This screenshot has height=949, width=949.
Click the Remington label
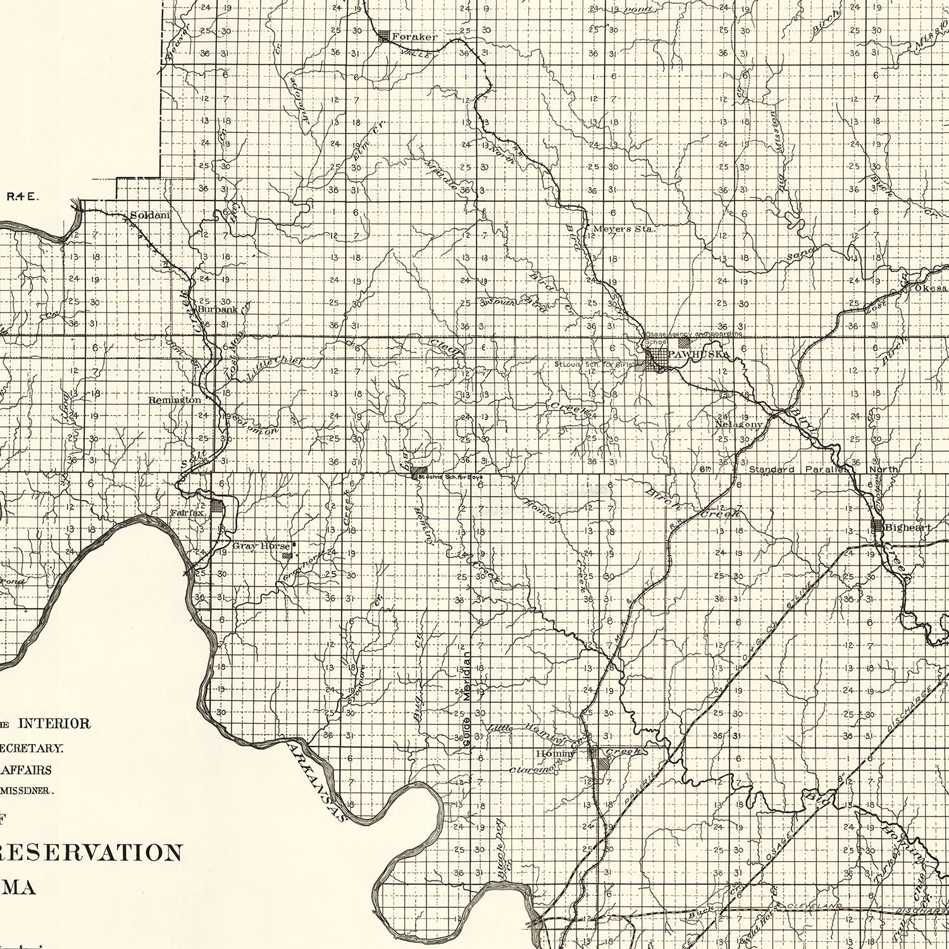[175, 400]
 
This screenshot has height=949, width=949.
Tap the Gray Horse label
[261, 545]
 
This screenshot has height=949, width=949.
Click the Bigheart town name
[907, 526]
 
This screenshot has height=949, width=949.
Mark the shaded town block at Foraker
[384, 37]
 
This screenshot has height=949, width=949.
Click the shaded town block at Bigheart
[877, 526]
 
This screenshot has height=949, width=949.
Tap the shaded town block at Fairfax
[218, 506]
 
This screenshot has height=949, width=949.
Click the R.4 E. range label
[23, 197]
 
